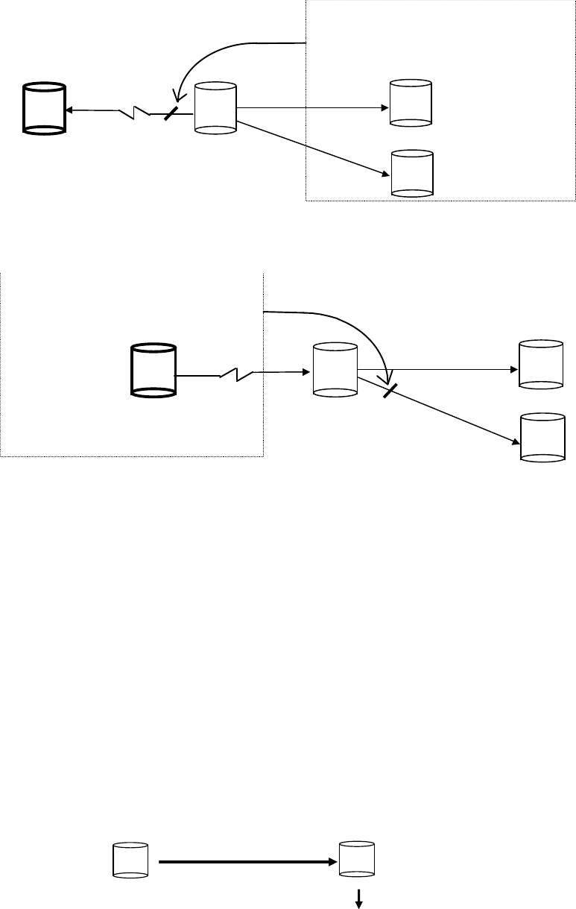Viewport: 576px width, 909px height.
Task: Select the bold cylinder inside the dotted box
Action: point(153,369)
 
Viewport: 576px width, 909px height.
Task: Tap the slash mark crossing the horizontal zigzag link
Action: point(171,113)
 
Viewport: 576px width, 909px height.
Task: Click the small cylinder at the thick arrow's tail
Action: point(130,860)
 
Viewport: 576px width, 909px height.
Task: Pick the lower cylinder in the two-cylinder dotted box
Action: point(412,174)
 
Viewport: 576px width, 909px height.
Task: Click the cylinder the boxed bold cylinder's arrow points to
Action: point(335,368)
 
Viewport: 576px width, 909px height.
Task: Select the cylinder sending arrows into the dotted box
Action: point(215,109)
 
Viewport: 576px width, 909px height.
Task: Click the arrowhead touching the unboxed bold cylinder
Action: point(68,110)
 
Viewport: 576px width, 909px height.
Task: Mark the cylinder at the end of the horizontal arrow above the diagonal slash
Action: point(540,365)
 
